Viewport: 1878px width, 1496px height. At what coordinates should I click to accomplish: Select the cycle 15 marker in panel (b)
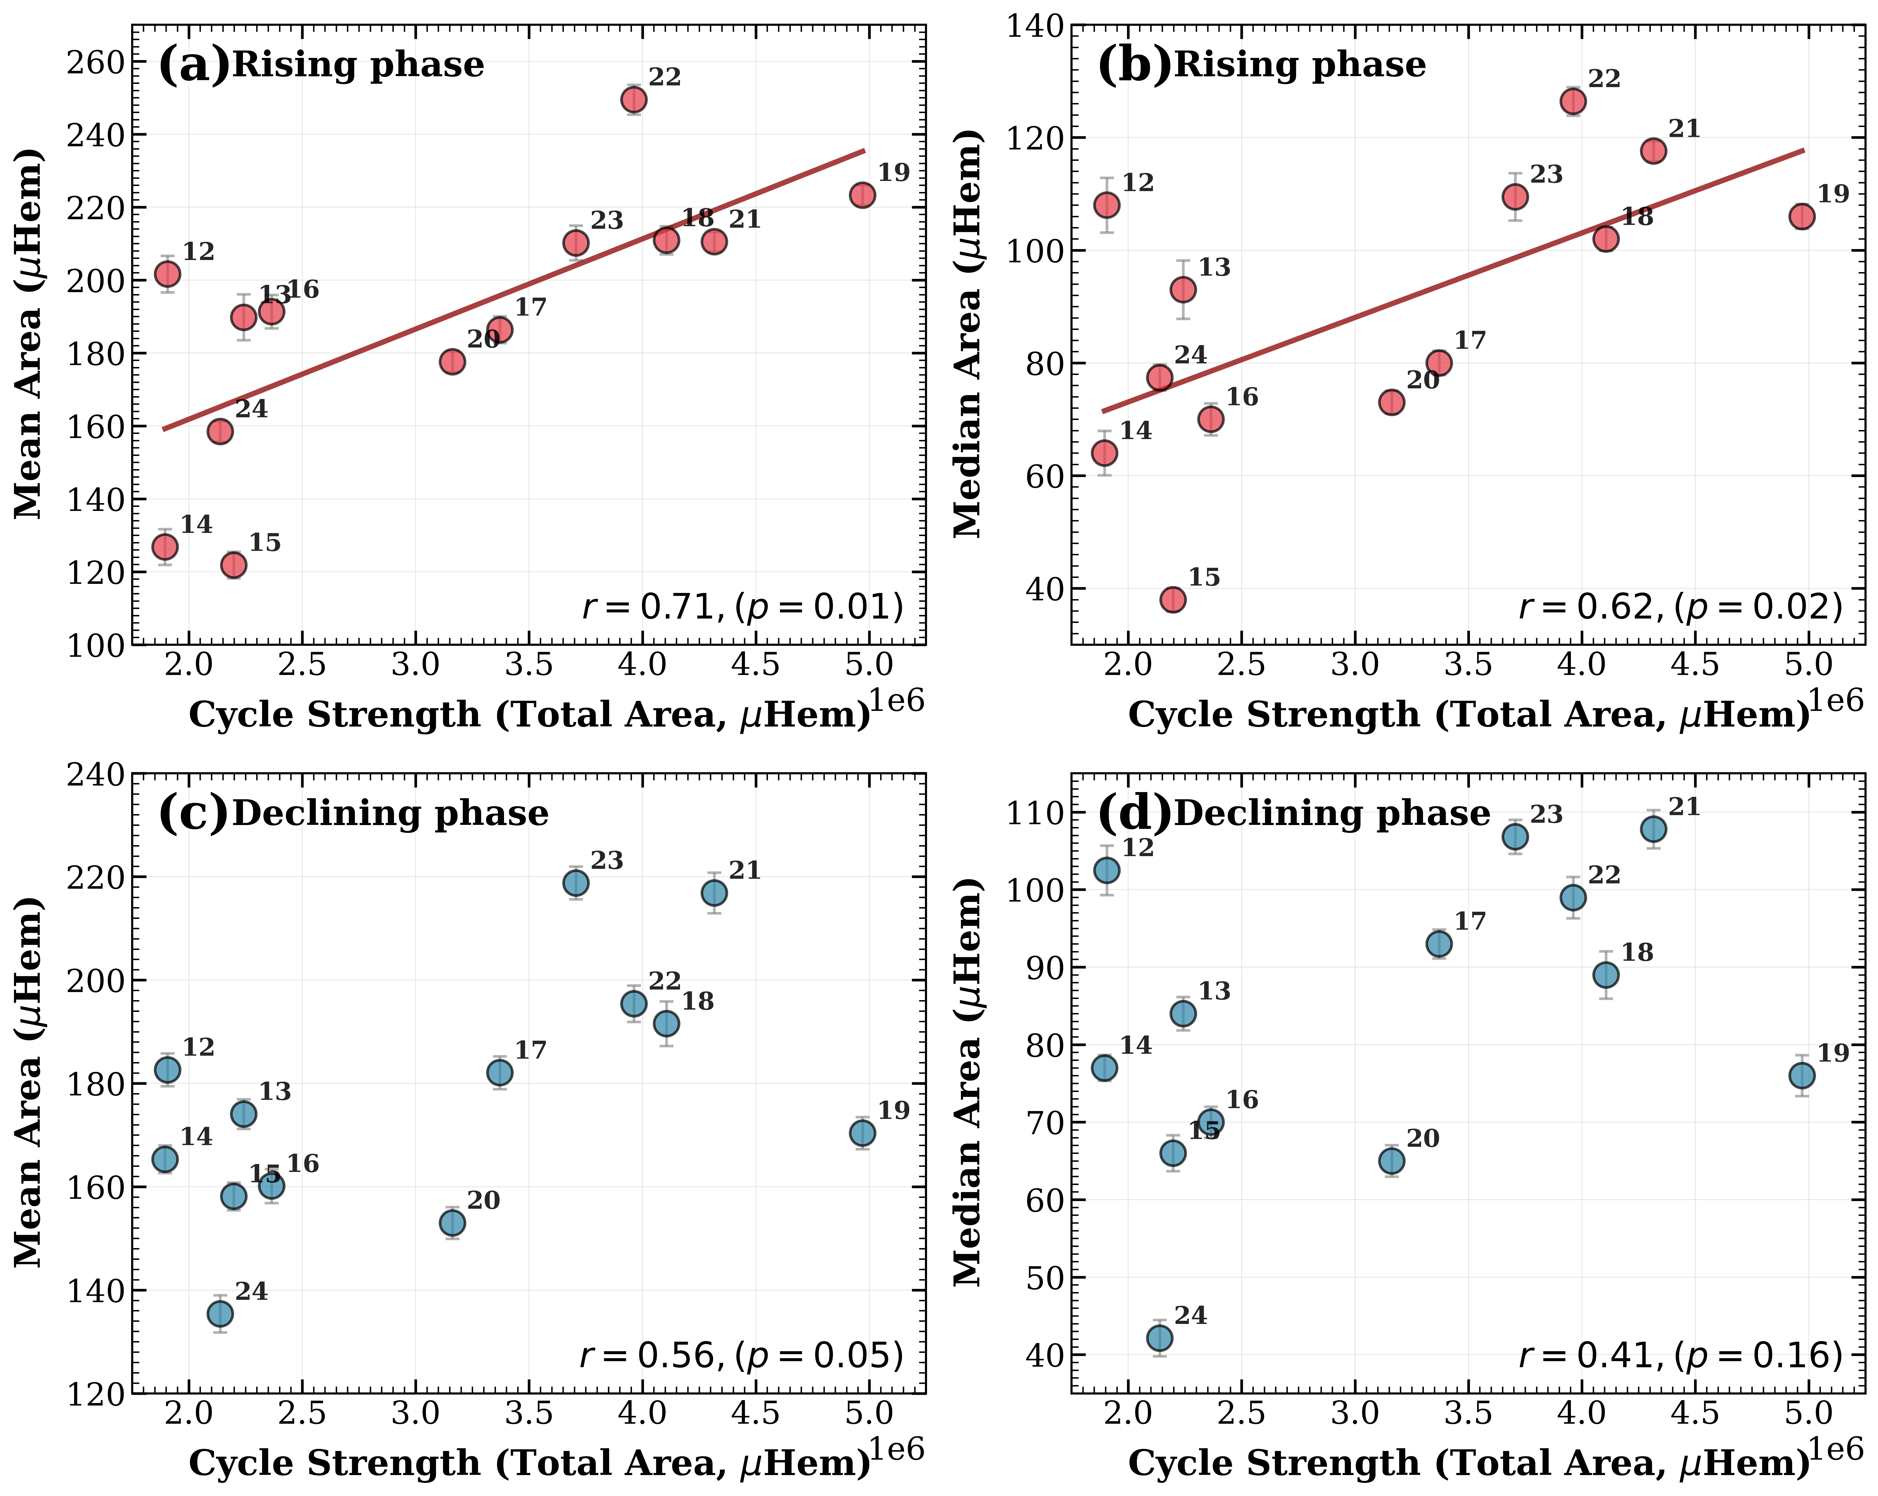[1173, 599]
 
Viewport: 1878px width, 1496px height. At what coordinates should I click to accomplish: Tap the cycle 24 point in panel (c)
[220, 1313]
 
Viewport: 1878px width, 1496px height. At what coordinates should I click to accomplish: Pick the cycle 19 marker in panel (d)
[1802, 1076]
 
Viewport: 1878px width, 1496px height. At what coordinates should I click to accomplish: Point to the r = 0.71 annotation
[742, 607]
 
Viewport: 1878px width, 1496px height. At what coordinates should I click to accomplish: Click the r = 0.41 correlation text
[1680, 1356]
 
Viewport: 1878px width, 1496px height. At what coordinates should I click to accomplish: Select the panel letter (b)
[1133, 65]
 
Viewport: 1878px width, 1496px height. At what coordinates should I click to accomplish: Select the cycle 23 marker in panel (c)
[576, 883]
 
